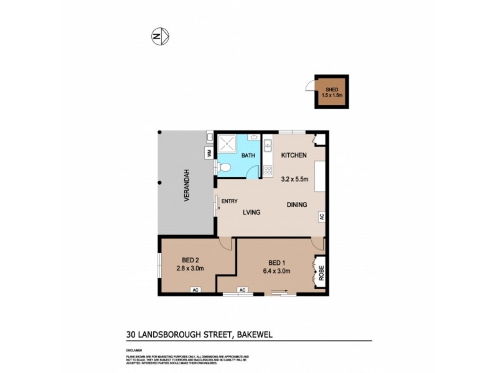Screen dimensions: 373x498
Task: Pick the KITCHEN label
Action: tap(294, 155)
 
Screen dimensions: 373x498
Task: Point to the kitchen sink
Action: tap(268, 146)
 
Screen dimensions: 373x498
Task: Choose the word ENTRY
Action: tap(230, 201)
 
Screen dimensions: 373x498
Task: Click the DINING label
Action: tap(298, 205)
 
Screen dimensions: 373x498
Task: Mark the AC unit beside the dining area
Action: tap(322, 217)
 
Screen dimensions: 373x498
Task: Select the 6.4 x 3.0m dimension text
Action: tap(275, 270)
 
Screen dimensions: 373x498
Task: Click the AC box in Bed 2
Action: tap(195, 290)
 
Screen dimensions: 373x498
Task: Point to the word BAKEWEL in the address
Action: tap(254, 334)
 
